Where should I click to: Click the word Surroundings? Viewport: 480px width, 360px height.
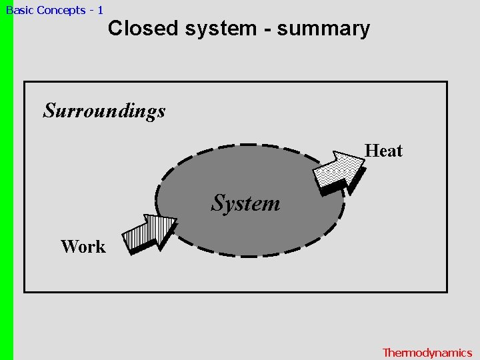pyautogui.click(x=104, y=111)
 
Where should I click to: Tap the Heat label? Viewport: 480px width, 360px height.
pyautogui.click(x=383, y=151)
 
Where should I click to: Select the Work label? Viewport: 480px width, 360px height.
pyautogui.click(x=83, y=247)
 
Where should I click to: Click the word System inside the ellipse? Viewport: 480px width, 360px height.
pyautogui.click(x=245, y=203)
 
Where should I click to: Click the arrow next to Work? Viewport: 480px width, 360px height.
pyautogui.click(x=151, y=233)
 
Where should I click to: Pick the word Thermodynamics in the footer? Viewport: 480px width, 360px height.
pyautogui.click(x=427, y=353)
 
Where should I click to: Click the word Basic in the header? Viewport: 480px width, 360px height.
pyautogui.click(x=19, y=10)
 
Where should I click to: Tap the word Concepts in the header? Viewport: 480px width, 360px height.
pyautogui.click(x=61, y=10)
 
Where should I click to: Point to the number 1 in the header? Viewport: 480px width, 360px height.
pyautogui.click(x=100, y=10)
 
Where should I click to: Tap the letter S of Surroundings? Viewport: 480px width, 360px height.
pyautogui.click(x=49, y=110)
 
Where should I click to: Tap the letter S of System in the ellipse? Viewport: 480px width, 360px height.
pyautogui.click(x=217, y=203)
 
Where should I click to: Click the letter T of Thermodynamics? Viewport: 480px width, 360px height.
pyautogui.click(x=386, y=353)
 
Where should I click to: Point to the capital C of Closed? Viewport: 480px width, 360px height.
pyautogui.click(x=115, y=29)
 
